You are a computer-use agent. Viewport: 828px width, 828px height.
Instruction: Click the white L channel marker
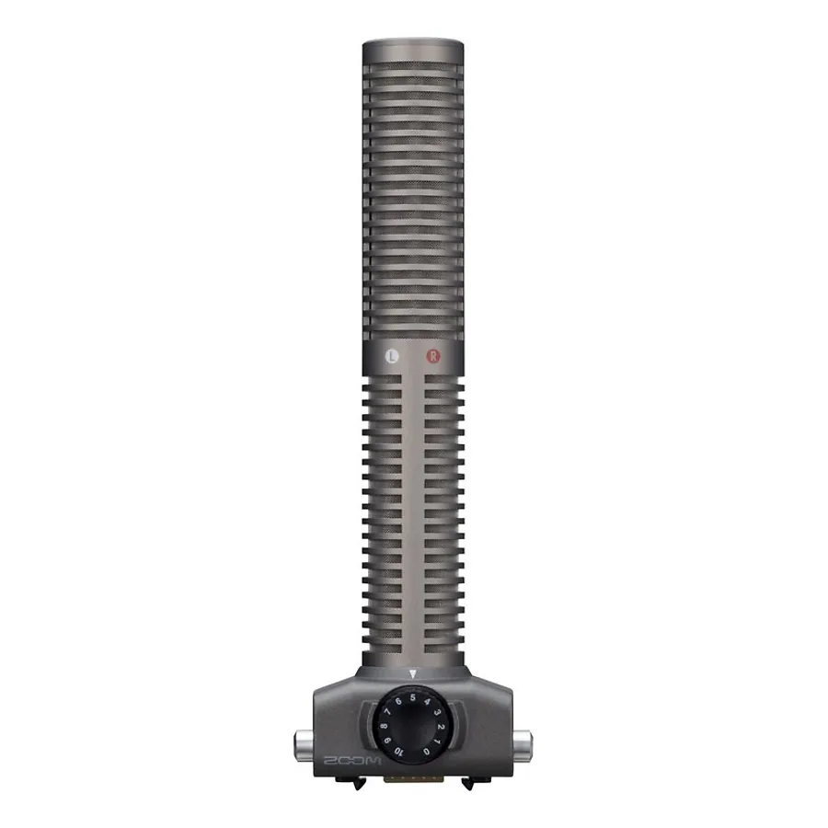point(391,356)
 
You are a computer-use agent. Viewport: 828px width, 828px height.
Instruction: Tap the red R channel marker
point(433,356)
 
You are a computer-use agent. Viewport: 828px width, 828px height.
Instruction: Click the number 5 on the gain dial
point(413,697)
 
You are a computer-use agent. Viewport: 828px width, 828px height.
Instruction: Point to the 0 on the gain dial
point(427,752)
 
